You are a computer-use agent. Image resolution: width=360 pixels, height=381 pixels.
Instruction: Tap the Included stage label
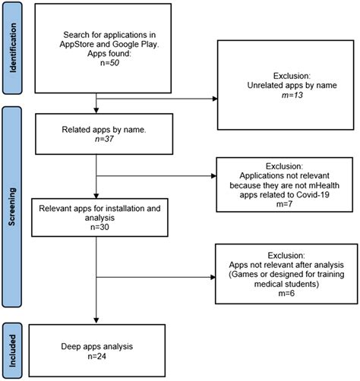[12, 346]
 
